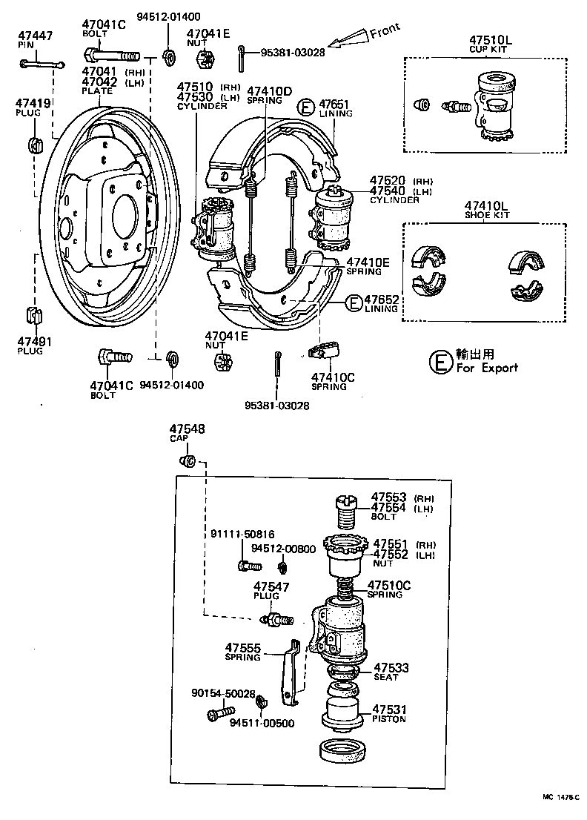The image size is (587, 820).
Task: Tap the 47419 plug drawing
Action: point(33,142)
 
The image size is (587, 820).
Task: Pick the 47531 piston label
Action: point(390,709)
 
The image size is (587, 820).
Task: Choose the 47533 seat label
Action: point(391,667)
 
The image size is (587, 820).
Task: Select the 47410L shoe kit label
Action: point(487,205)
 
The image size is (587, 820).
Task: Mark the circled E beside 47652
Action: point(353,302)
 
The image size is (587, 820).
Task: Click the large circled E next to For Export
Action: point(440,362)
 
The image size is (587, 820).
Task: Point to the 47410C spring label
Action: point(333,377)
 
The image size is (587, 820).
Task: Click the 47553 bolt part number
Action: point(389,497)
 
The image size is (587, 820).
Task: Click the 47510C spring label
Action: point(390,584)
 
